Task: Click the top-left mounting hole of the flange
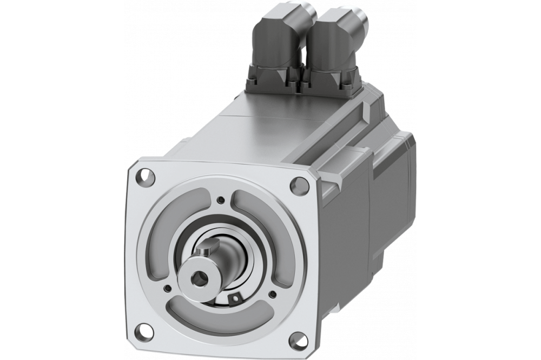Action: (144, 176)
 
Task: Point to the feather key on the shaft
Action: (203, 250)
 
